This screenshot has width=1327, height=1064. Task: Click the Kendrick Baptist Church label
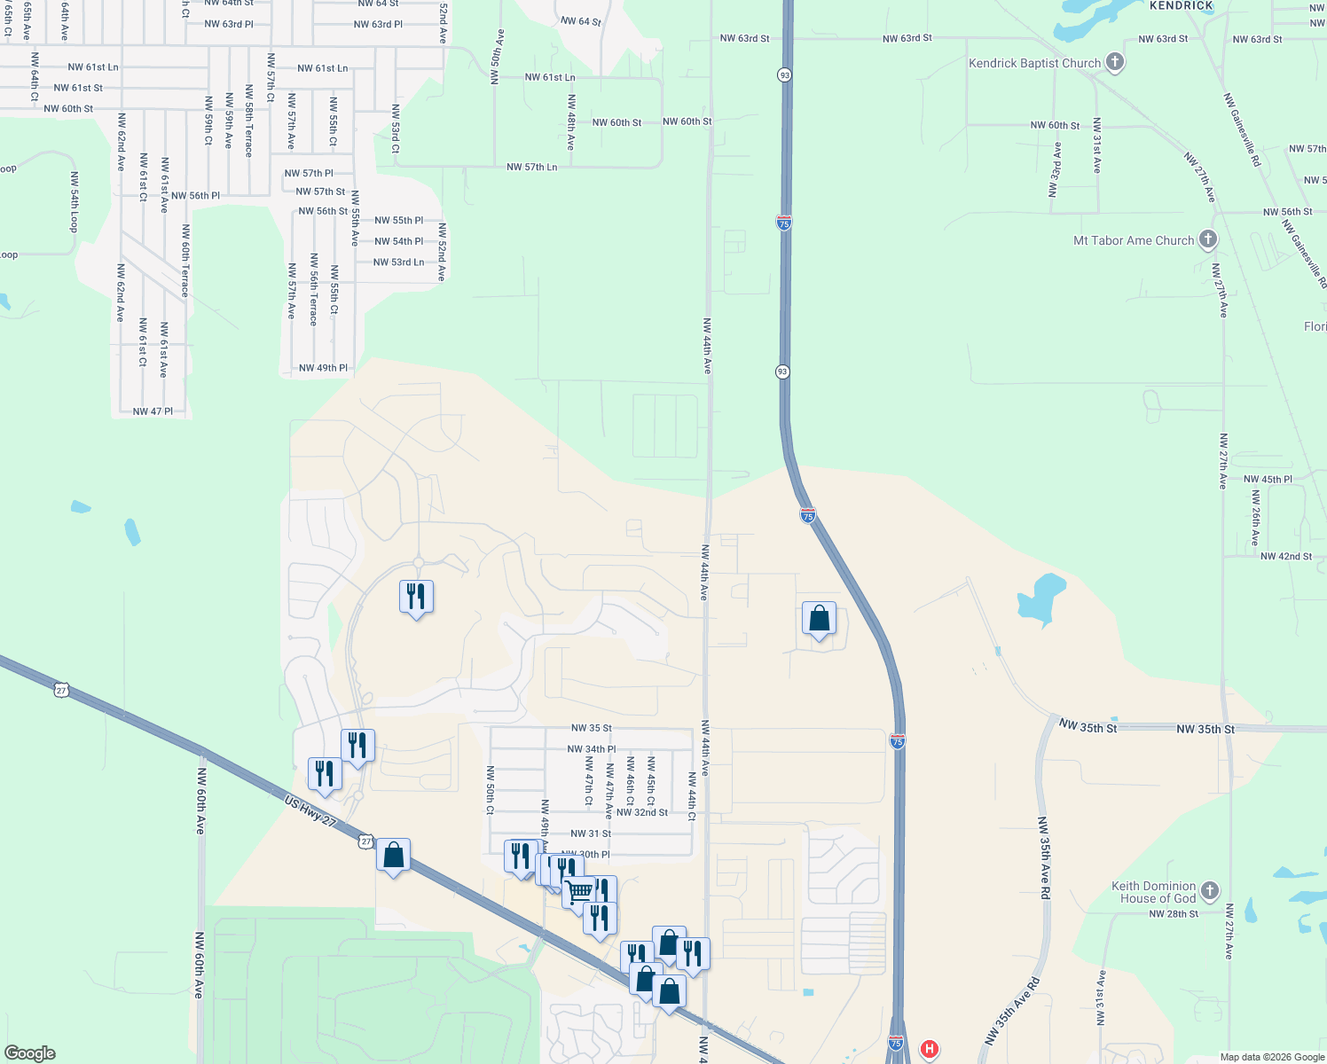pyautogui.click(x=1034, y=64)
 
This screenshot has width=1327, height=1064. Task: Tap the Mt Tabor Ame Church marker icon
pyautogui.click(x=1207, y=239)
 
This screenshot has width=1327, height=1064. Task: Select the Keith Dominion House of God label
pyautogui.click(x=1154, y=892)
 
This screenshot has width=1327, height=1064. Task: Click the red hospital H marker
pyautogui.click(x=929, y=1050)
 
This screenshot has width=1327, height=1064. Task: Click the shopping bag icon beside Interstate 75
pyautogui.click(x=819, y=619)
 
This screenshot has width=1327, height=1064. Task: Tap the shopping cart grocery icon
pyautogui.click(x=579, y=892)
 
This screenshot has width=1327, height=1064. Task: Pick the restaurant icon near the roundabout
pyautogui.click(x=416, y=598)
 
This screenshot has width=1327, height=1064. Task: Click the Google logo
pyautogui.click(x=29, y=1053)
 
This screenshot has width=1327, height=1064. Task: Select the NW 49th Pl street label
pyautogui.click(x=323, y=368)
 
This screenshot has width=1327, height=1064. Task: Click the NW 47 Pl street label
pyautogui.click(x=153, y=411)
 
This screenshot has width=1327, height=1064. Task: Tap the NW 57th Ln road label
pyautogui.click(x=531, y=167)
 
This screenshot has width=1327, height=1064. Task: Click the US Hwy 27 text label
pyautogui.click(x=310, y=811)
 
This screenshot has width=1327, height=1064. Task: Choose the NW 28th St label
pyautogui.click(x=1173, y=913)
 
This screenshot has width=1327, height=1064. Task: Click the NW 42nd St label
pyautogui.click(x=1285, y=556)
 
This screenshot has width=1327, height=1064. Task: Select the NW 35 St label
pyautogui.click(x=591, y=728)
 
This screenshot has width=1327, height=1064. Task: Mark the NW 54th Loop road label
pyautogui.click(x=75, y=201)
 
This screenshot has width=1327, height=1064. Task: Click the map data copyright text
pyautogui.click(x=1272, y=1057)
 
